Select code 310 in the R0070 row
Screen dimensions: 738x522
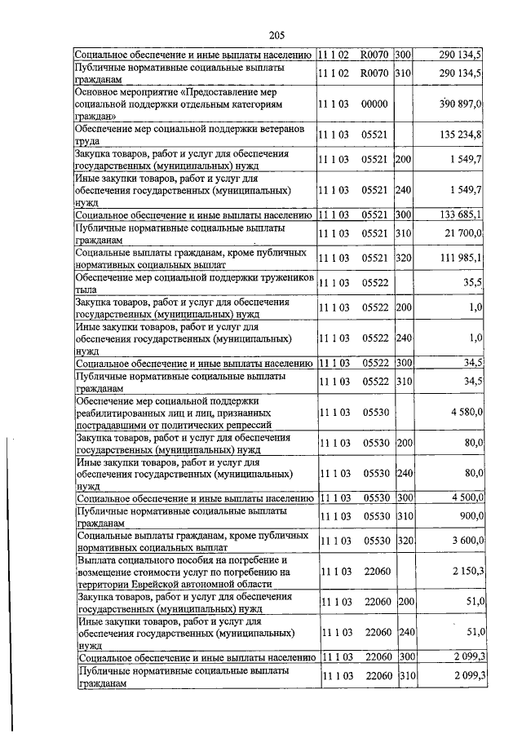[x=403, y=73]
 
